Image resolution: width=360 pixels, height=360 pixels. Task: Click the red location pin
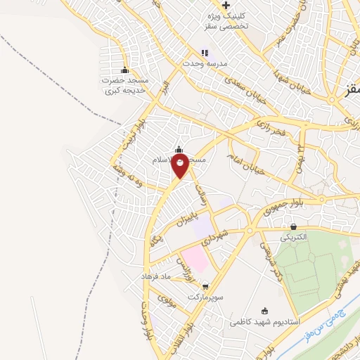[181, 166]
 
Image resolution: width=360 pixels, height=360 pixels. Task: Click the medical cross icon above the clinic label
[226, 5]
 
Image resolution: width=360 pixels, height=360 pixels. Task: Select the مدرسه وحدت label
[205, 63]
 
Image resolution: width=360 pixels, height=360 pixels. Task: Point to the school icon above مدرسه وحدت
[205, 52]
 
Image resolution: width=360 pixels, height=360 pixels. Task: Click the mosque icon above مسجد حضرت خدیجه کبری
[125, 70]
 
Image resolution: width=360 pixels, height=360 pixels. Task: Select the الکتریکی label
[294, 238]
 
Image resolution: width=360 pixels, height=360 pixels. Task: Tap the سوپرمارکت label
[205, 297]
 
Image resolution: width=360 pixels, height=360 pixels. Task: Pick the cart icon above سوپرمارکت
[205, 286]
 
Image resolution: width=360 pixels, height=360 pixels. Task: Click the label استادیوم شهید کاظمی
[265, 322]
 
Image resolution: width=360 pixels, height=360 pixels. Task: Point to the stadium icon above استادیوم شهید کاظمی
[265, 311]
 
